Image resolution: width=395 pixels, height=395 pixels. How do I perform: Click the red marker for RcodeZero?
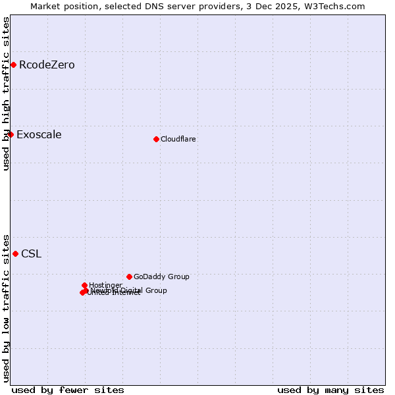13,65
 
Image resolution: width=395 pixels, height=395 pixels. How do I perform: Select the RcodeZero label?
47,65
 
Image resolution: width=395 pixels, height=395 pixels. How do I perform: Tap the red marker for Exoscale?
11,134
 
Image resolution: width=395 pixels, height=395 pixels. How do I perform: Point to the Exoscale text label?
39,135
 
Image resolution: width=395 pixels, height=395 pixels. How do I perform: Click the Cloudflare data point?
156,139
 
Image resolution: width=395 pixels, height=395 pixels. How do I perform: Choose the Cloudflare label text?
178,140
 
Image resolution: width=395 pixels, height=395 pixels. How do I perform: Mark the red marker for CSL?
15,253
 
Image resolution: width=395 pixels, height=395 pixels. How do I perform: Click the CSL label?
31,254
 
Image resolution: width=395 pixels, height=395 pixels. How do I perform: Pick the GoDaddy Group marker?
129,276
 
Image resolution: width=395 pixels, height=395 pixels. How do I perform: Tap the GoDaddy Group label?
161,277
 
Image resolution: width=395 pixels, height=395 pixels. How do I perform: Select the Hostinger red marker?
85,285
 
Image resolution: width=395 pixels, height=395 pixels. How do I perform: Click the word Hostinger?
105,286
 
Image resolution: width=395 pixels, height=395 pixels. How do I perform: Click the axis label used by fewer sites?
68,390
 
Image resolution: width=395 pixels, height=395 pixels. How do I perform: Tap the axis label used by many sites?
330,390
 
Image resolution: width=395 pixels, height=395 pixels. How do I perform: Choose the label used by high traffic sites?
7,93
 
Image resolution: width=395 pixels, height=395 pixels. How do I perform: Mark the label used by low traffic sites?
7,307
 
